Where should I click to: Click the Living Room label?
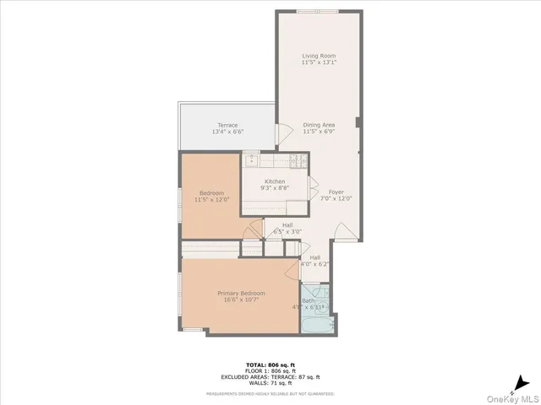tap(319, 56)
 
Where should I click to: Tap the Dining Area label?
tap(319, 125)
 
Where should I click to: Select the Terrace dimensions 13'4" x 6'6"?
tap(227, 132)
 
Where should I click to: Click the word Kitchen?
tap(274, 181)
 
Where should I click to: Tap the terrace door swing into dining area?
tap(285, 133)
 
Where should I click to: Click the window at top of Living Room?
tap(317, 11)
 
